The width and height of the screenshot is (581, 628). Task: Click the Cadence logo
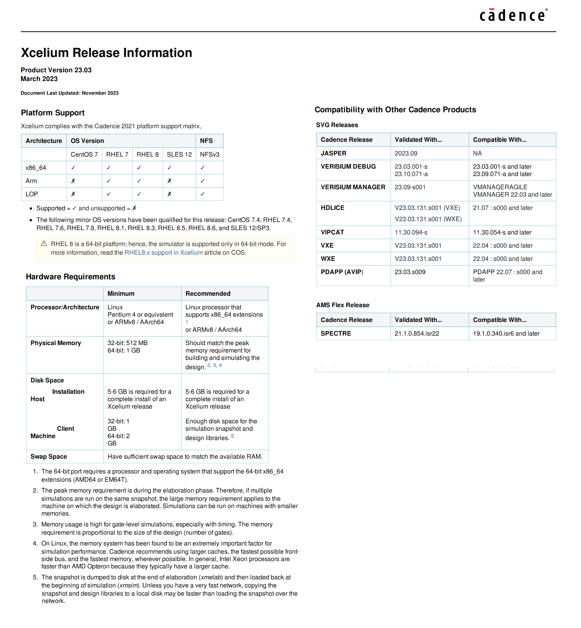tap(513, 15)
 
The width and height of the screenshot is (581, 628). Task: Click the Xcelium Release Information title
tap(106, 53)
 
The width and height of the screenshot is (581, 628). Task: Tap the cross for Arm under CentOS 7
tap(73, 181)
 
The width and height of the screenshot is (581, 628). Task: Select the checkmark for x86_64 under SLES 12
tap(169, 167)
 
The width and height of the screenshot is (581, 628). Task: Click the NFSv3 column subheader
tap(209, 155)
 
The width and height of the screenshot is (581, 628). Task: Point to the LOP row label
tap(32, 194)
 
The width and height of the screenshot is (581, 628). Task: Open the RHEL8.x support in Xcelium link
tap(163, 252)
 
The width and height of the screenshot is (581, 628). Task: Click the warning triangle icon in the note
tap(44, 243)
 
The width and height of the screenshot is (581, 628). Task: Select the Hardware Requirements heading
tap(70, 277)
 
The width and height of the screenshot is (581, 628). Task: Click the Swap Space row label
tap(49, 456)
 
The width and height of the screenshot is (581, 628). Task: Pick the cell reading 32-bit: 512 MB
tap(128, 343)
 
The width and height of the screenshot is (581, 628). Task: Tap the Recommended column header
tap(208, 293)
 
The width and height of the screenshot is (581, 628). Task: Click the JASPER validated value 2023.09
tap(406, 153)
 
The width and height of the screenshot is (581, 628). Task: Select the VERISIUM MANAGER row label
tap(353, 187)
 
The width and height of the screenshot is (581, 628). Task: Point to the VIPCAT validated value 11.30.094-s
tap(411, 232)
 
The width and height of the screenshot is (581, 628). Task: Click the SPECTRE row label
tap(336, 333)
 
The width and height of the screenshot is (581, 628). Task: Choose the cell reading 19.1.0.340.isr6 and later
tap(506, 333)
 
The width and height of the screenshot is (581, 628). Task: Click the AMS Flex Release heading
tap(342, 305)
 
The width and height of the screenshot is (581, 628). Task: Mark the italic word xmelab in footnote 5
tap(211, 577)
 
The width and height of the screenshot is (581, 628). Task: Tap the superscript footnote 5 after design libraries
tap(233, 436)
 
